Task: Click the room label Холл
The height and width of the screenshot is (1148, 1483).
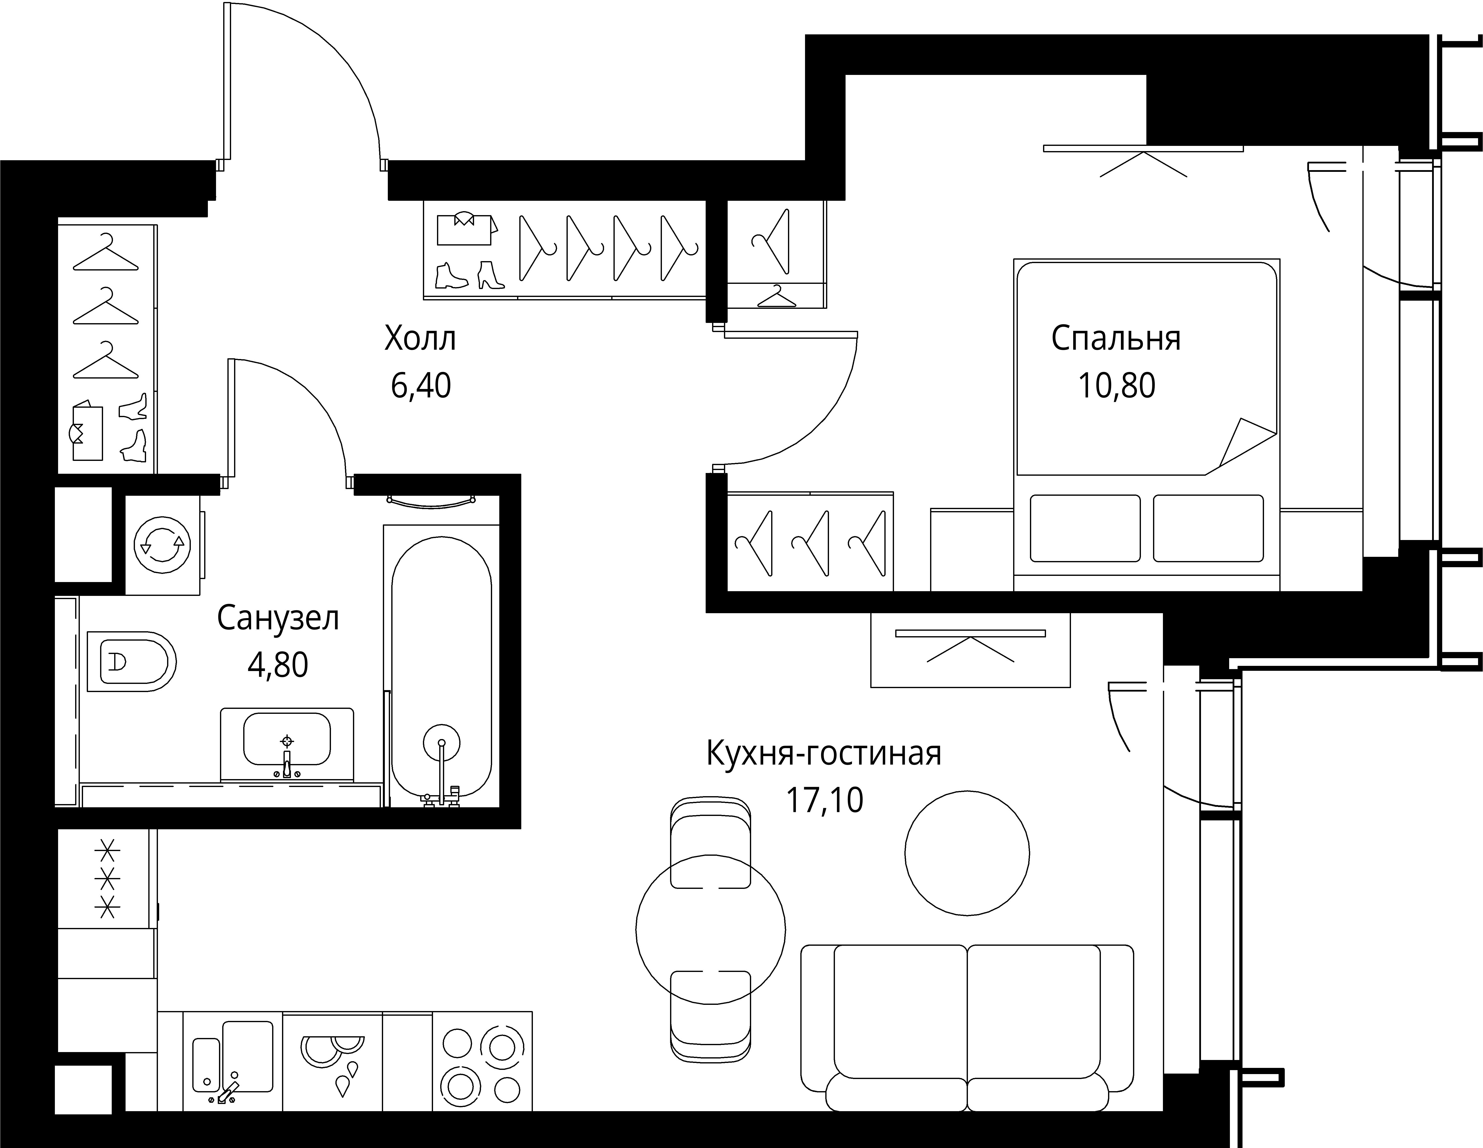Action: [x=420, y=338]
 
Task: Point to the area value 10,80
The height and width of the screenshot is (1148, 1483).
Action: [x=1116, y=385]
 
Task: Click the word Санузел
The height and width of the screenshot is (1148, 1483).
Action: [x=278, y=618]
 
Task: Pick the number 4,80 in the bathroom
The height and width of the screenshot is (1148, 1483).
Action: [x=278, y=665]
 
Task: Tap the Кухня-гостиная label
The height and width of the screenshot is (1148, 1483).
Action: [x=824, y=753]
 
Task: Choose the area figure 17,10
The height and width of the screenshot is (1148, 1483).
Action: [x=824, y=800]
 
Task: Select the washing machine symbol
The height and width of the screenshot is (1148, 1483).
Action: [x=163, y=545]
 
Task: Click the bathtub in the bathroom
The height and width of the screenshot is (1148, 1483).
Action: [x=441, y=666]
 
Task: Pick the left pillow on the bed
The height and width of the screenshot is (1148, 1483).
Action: [x=1085, y=528]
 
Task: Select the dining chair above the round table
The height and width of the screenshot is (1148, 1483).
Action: [x=710, y=842]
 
